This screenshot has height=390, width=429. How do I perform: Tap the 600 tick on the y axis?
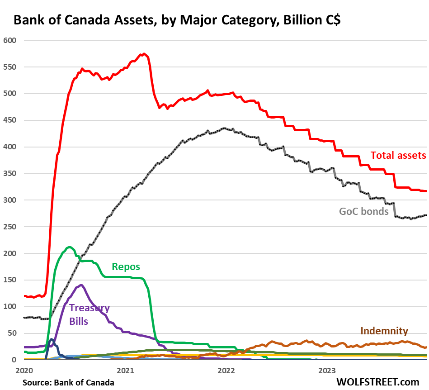click(x=9, y=40)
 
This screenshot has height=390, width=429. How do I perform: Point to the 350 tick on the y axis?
click(x=9, y=173)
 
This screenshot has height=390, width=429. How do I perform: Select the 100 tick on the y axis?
click(x=9, y=306)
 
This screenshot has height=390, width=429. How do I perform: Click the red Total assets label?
click(x=398, y=155)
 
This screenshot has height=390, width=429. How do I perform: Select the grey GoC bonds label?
click(x=364, y=211)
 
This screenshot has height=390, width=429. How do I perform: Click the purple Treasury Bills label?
click(x=89, y=315)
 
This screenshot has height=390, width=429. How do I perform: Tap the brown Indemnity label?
click(x=384, y=331)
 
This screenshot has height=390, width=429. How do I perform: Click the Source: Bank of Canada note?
click(x=68, y=383)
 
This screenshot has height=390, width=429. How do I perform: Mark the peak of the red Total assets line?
click(x=143, y=54)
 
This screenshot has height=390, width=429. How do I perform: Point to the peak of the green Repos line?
click(x=69, y=247)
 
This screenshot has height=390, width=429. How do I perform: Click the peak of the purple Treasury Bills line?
click(x=81, y=285)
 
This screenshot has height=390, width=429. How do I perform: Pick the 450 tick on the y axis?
click(x=9, y=120)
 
